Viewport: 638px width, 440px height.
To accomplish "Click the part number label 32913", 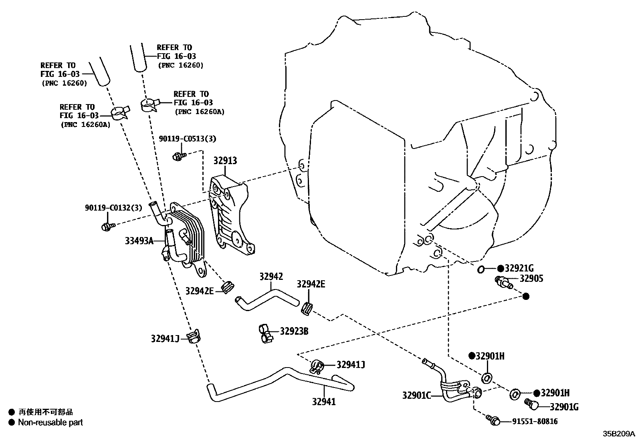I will (x=225, y=161).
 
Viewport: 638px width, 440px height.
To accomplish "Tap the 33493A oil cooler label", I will (x=139, y=241).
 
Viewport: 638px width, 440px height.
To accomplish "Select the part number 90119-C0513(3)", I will (x=187, y=139).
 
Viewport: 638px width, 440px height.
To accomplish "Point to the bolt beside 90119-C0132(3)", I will (x=107, y=227).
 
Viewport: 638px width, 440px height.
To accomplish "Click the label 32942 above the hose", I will (x=271, y=276).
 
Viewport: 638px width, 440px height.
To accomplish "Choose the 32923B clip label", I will (x=294, y=331).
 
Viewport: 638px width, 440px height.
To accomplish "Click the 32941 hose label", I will (x=323, y=402).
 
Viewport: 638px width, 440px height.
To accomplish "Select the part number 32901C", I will (x=416, y=396).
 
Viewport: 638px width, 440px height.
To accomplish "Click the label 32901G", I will (x=564, y=407).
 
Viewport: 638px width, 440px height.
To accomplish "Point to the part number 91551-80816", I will (x=535, y=421).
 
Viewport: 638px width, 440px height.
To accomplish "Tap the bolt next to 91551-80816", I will (x=493, y=420).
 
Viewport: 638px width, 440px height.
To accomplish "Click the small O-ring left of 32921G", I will (x=481, y=269).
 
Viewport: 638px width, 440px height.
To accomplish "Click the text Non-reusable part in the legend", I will (x=50, y=422).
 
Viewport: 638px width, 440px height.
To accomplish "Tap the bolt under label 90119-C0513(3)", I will (x=178, y=156).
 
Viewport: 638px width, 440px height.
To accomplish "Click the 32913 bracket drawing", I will (x=230, y=216).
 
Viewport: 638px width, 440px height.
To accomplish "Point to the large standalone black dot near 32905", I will (x=526, y=296).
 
